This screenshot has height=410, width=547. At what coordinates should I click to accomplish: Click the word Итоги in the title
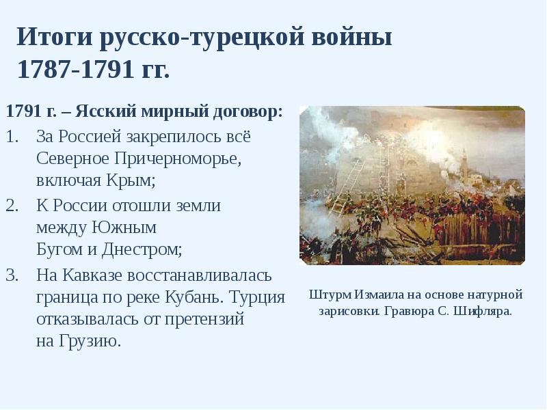(x=54, y=37)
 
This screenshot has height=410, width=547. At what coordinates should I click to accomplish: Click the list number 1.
(x=12, y=136)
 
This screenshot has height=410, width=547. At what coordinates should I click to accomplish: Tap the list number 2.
(x=12, y=205)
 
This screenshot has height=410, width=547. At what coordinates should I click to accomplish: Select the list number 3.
(x=12, y=275)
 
